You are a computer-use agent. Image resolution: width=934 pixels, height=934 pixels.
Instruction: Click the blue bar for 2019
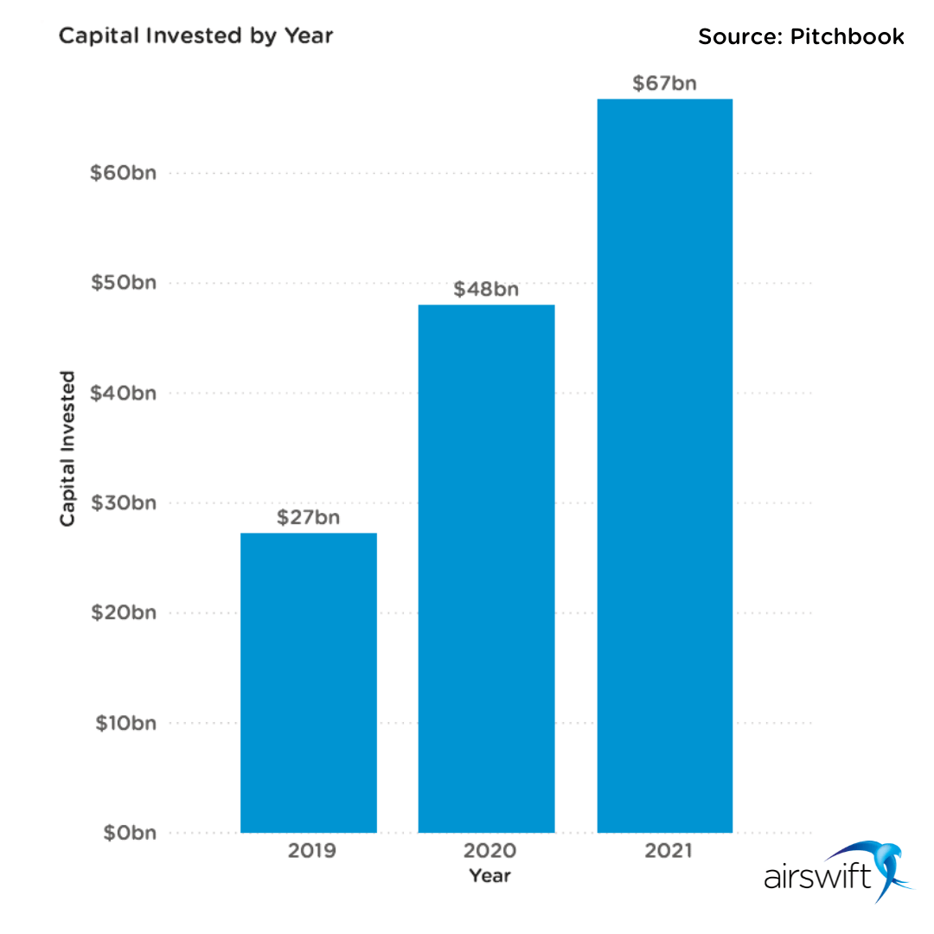tap(309, 682)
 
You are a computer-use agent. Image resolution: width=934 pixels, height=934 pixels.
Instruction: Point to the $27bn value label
tap(309, 517)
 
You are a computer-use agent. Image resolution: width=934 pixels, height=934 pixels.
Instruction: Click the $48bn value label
tap(486, 289)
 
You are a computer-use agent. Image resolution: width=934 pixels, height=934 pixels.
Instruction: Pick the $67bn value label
tap(665, 84)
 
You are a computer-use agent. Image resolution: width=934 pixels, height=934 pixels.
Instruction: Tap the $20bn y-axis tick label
tap(124, 613)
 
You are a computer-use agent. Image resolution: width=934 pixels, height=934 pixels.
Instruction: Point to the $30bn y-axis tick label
tap(124, 503)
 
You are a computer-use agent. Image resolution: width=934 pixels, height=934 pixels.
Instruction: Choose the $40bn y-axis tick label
tap(124, 393)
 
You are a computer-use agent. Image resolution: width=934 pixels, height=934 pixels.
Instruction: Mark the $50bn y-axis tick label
tap(124, 284)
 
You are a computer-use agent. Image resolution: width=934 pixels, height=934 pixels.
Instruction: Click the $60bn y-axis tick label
tap(124, 174)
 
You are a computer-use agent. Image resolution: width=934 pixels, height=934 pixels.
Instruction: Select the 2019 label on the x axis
tap(311, 851)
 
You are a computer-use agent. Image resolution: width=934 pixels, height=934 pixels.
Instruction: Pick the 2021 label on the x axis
tap(669, 851)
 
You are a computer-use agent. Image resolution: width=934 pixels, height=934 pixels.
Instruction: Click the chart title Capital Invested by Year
tap(195, 36)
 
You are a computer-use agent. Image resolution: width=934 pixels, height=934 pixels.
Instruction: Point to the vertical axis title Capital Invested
tap(67, 449)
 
